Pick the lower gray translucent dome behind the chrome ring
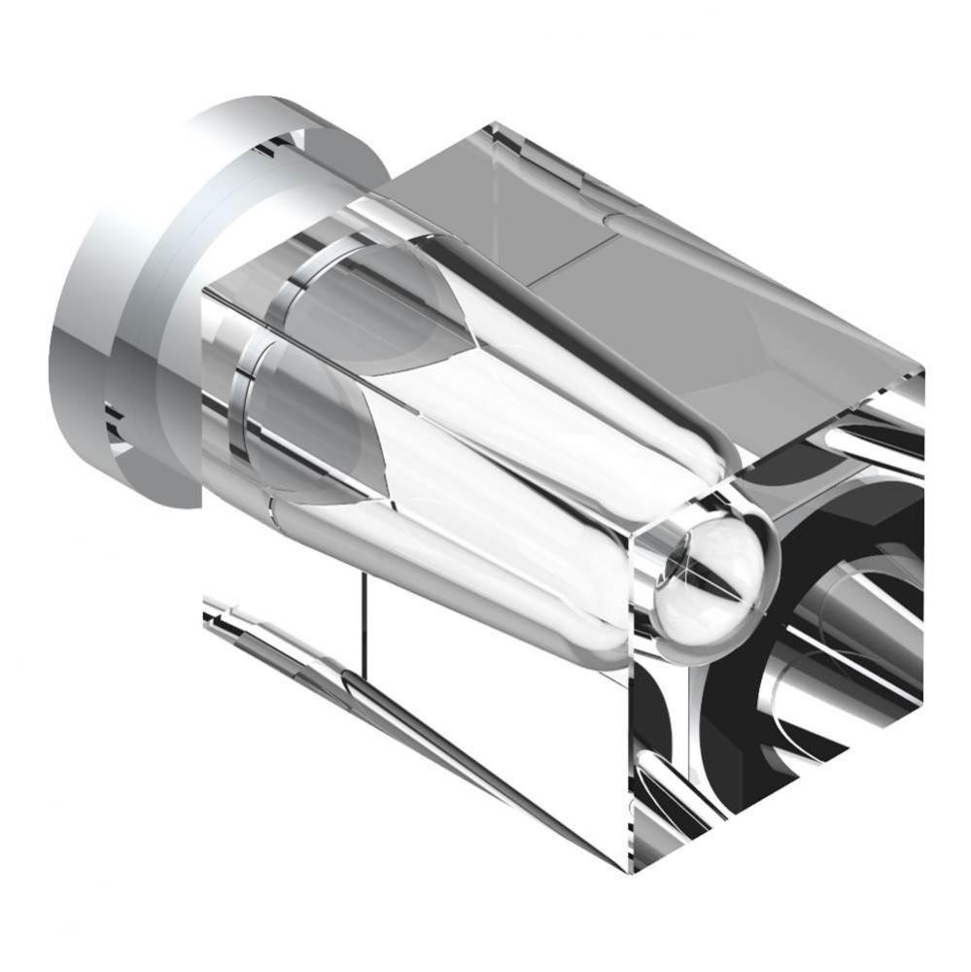pyautogui.click(x=311, y=428)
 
